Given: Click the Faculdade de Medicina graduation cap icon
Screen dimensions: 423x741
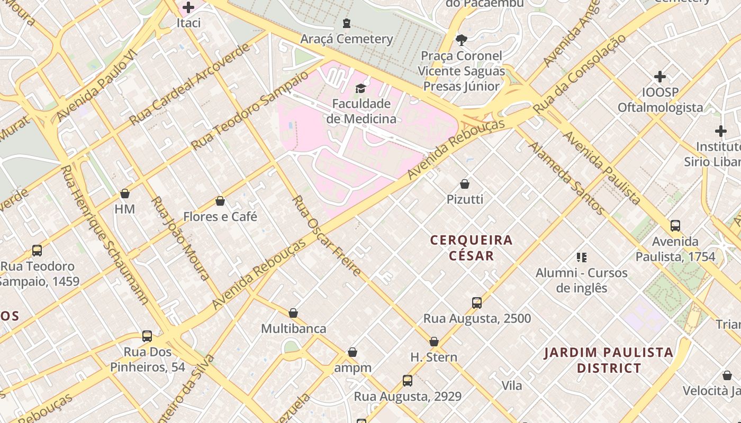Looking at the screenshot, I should coord(360,88).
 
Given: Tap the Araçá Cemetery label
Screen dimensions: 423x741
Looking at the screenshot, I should coord(347,39).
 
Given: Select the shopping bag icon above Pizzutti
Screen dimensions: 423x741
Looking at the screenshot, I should coord(465,184).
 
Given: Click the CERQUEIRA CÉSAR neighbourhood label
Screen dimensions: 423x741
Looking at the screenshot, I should coord(471,248).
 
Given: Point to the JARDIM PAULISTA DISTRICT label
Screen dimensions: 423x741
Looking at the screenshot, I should coord(609,360).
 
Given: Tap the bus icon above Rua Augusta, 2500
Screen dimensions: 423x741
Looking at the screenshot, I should coord(477,303).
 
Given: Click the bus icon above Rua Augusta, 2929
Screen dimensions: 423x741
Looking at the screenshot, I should coord(407,381).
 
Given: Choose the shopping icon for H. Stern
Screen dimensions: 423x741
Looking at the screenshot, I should coord(434,342).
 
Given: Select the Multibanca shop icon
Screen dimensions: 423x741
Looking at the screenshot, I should coord(293,313).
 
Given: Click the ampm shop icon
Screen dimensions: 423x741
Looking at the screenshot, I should coord(353,352).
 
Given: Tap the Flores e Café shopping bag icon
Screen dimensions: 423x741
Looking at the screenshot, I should coord(220,201).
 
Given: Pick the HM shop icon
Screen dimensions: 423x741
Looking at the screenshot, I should coord(125,194).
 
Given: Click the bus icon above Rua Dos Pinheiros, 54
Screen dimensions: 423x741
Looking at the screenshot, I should coord(147,336).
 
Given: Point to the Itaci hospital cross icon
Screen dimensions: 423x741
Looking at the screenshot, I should coord(188,7).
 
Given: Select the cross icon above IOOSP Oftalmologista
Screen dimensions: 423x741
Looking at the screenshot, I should coord(659,77).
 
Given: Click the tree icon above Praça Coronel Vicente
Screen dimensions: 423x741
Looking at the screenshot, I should coord(461,40).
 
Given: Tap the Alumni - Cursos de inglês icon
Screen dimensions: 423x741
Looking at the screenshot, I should coord(582,258).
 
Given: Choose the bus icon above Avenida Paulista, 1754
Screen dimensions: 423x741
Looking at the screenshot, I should coord(675,226).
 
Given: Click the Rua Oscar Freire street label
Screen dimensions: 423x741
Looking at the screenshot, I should coord(327,236).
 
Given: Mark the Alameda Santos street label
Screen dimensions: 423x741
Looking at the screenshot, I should coord(566,178).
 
